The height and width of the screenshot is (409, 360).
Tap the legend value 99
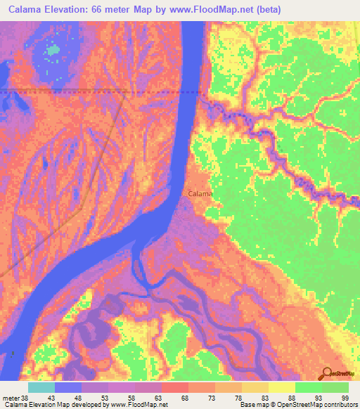[x=345, y=398]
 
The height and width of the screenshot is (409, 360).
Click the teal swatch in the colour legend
[x=41, y=387]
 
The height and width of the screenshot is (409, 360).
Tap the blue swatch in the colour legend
[x=68, y=387]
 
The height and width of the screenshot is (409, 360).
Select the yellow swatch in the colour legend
[x=281, y=387]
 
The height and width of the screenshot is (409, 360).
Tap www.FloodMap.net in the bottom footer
[x=139, y=405]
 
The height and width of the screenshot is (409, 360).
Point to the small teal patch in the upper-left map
[x=52, y=51]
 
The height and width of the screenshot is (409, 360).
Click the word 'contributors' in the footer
[x=336, y=405]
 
